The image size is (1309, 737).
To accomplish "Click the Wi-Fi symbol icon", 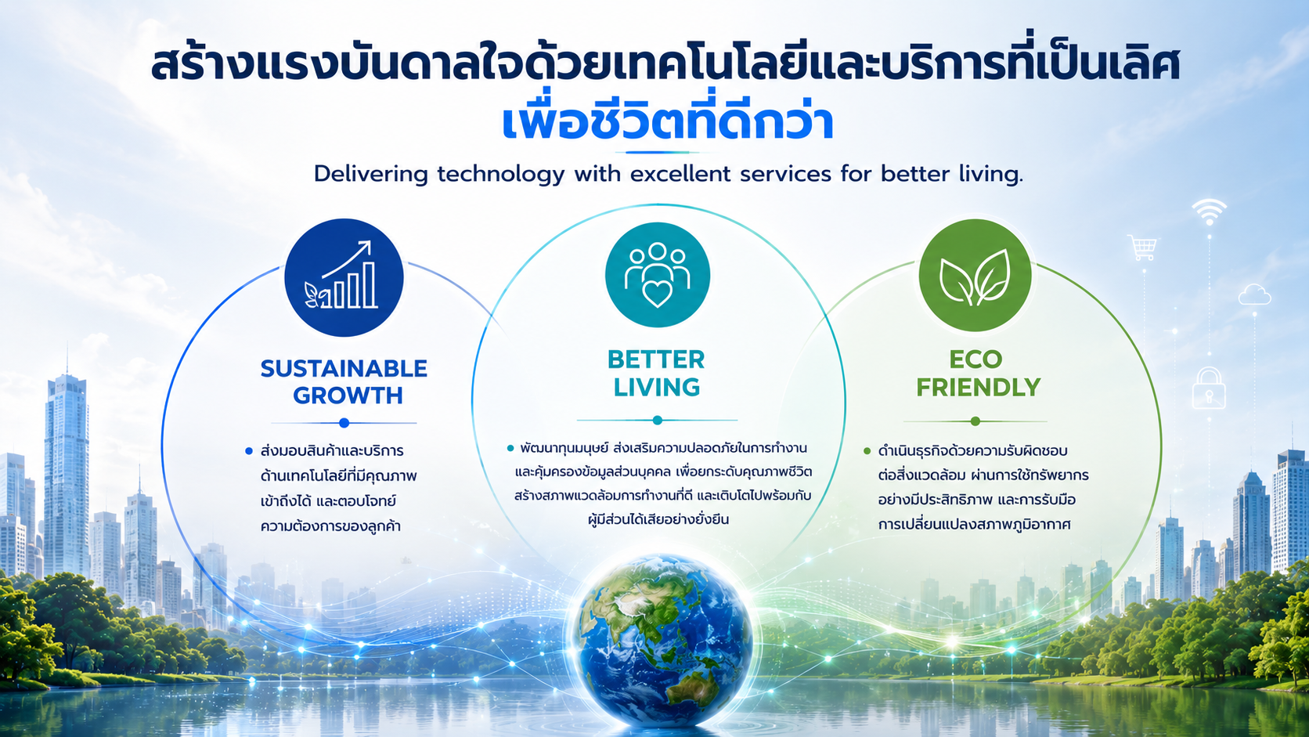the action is coord(1209,211).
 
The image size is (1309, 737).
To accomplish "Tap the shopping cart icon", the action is coord(1142,247).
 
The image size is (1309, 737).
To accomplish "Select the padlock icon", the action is coord(1209,388).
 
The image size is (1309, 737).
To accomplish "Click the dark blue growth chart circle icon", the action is coord(344,277).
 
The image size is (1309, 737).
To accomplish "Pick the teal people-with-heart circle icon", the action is coord(658,275).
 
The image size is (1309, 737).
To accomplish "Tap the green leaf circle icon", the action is coord(975,275).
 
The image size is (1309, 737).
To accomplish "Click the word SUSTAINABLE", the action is coord(344,369).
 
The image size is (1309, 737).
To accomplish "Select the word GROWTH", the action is coord(348,396).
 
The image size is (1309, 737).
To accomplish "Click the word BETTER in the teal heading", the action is coord(656,359).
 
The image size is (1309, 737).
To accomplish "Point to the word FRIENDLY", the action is coord(979,387).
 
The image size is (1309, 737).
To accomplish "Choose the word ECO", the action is coord(976,359).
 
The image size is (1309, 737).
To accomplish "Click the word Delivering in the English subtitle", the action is coord(370,175).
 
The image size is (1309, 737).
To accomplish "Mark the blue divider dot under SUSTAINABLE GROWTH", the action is coord(344,423).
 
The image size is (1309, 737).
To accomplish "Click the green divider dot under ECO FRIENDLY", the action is coord(975,421).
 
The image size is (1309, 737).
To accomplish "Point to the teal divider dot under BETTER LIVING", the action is coord(658,420).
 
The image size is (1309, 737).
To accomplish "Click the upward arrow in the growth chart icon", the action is coord(347,259).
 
